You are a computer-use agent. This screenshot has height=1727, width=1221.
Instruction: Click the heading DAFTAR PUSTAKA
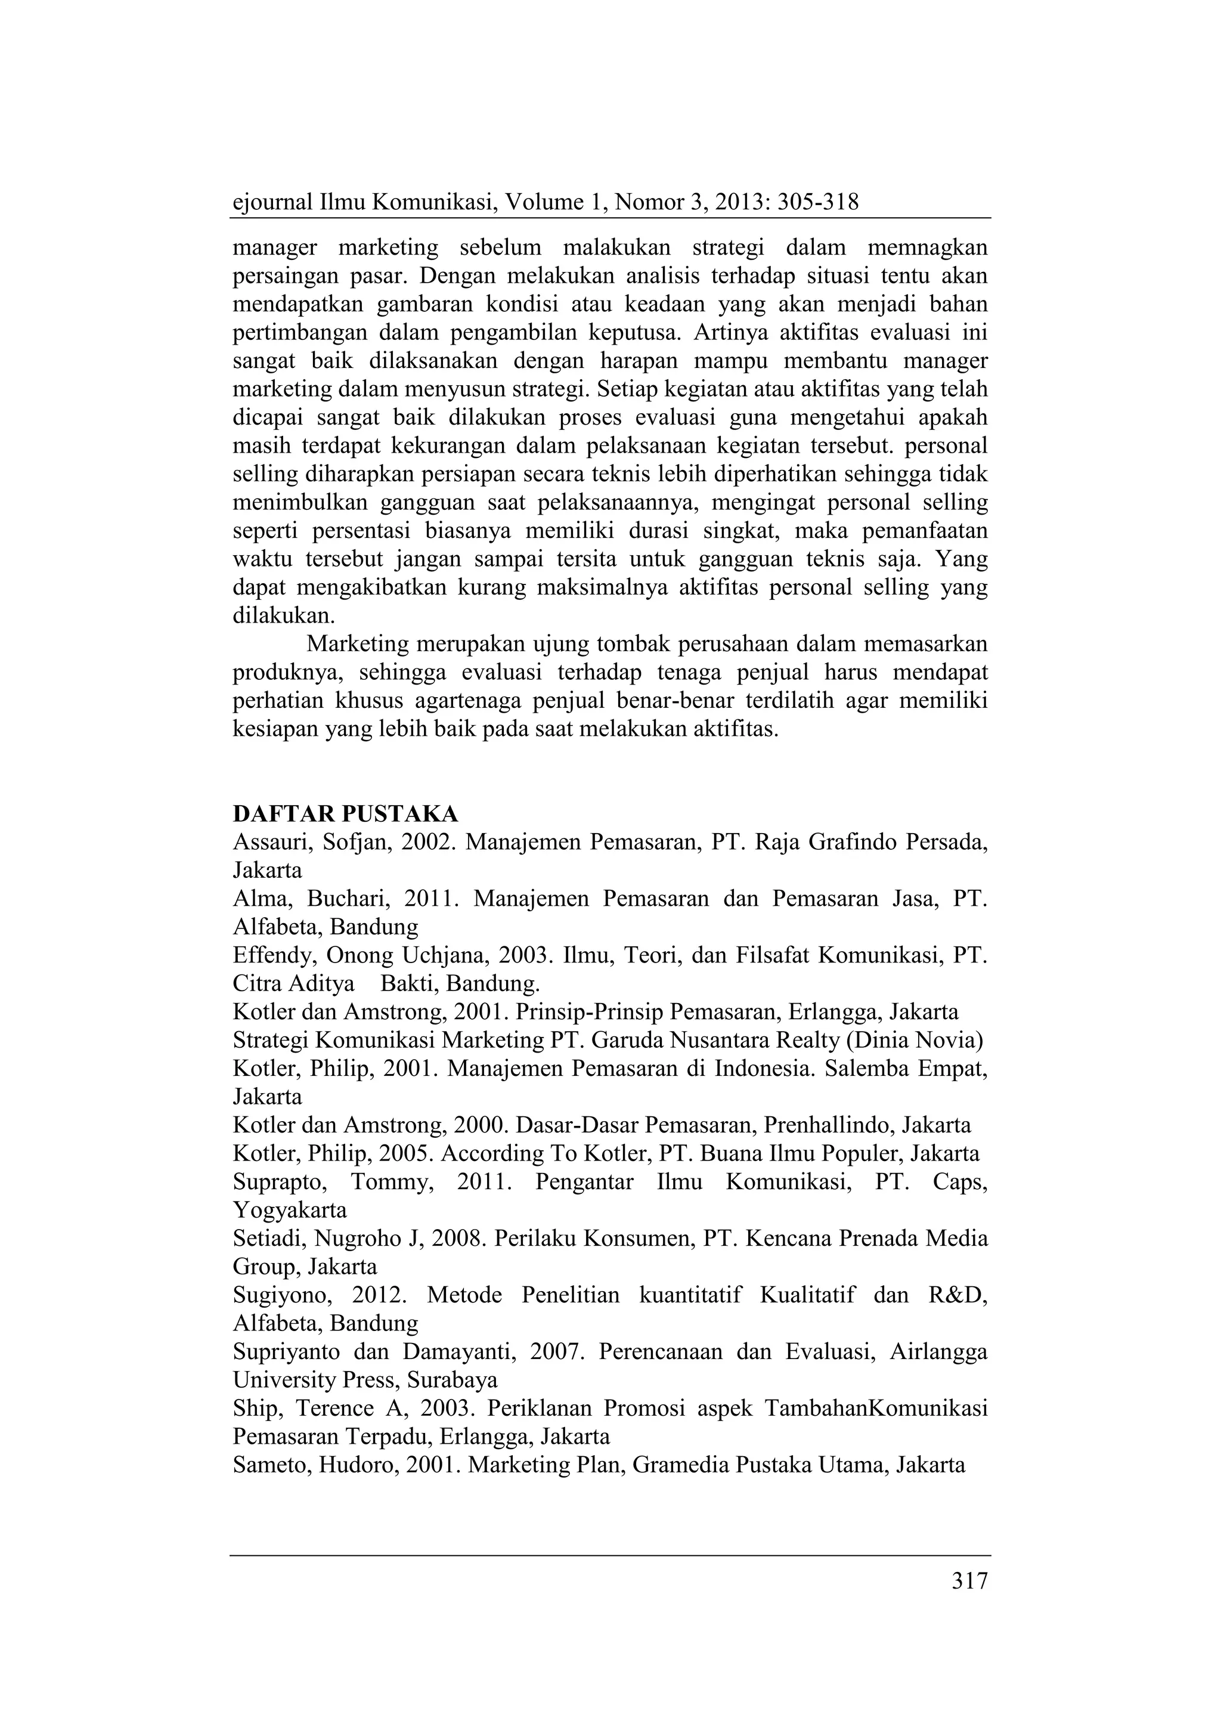tap(345, 814)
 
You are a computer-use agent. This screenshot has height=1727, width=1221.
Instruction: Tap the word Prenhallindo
tap(826, 1125)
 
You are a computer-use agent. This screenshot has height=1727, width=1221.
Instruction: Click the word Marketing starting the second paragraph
tap(357, 645)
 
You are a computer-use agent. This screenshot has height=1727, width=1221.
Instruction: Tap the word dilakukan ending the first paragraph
tap(283, 616)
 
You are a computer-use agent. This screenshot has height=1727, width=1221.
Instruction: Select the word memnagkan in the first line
tap(928, 247)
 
